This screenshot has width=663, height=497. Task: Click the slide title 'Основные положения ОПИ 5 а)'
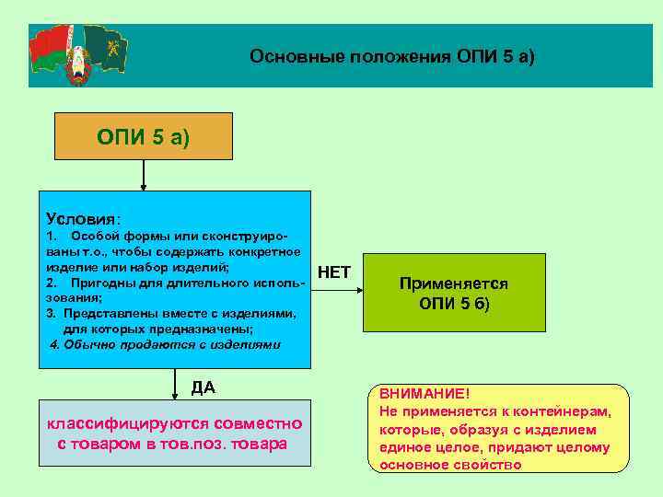coord(391,56)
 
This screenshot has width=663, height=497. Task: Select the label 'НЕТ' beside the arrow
coord(333,272)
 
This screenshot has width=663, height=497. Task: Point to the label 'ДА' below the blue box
coord(204,387)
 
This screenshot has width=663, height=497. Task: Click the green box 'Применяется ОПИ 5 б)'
coord(453,294)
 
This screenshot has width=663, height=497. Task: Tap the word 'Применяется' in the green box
coord(453,284)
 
